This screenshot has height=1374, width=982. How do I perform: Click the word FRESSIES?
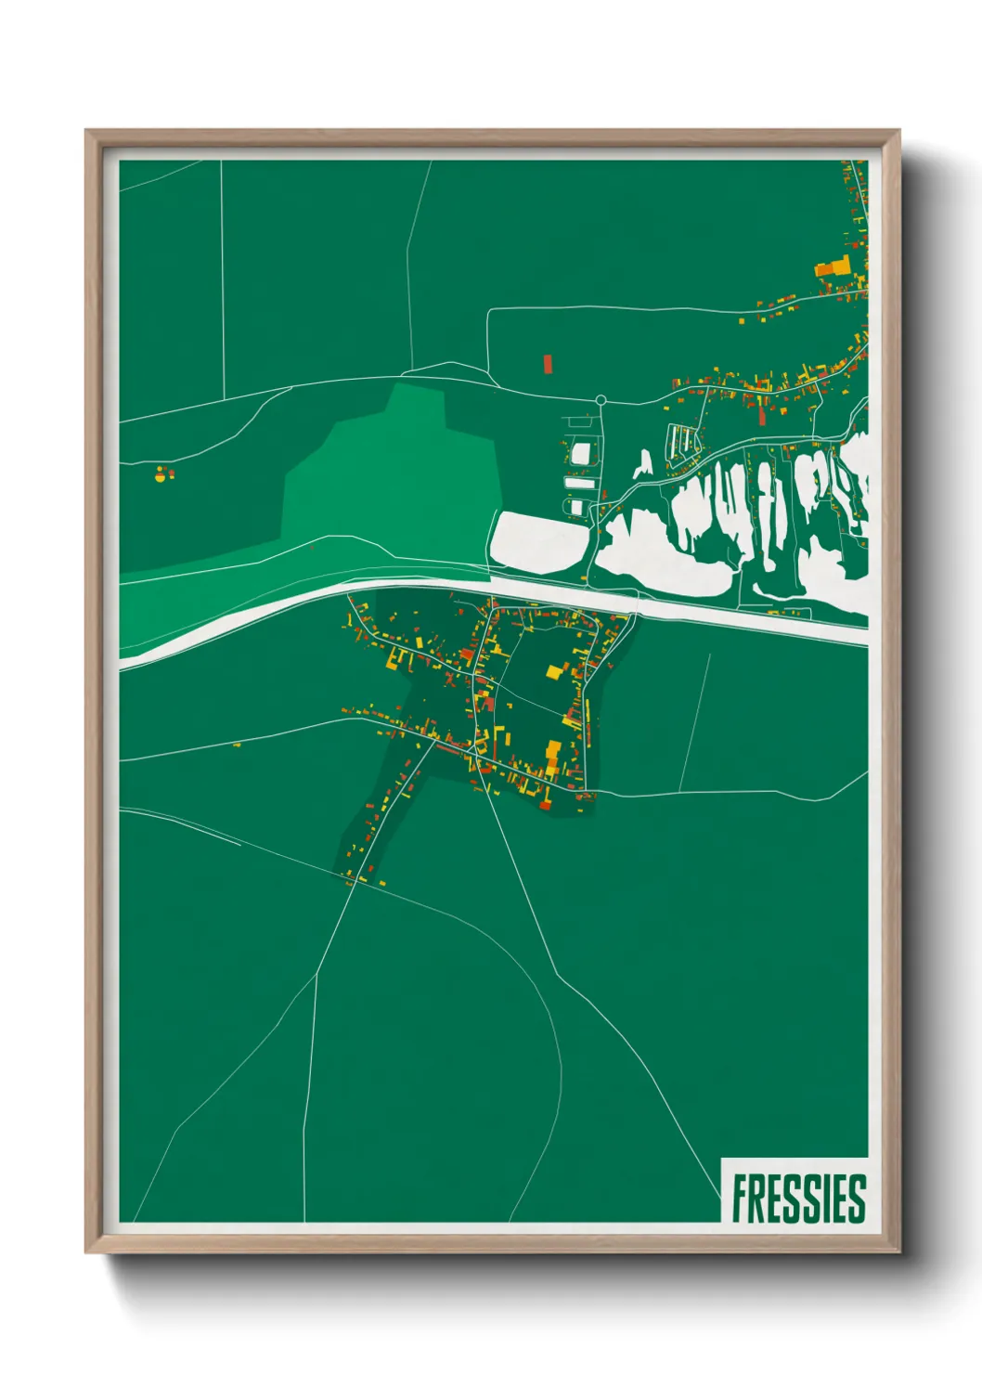tap(798, 1199)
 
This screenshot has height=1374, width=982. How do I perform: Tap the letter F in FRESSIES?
tap(741, 1199)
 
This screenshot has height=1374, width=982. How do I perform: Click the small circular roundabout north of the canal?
tap(601, 400)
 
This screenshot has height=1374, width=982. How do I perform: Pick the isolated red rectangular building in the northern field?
tap(548, 362)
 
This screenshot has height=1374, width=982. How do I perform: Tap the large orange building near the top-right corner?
tap(833, 268)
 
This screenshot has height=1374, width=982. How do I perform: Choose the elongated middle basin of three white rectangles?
tap(581, 483)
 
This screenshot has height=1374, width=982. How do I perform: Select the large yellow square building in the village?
tap(554, 672)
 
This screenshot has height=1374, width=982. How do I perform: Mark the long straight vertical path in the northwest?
tap(223, 279)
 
